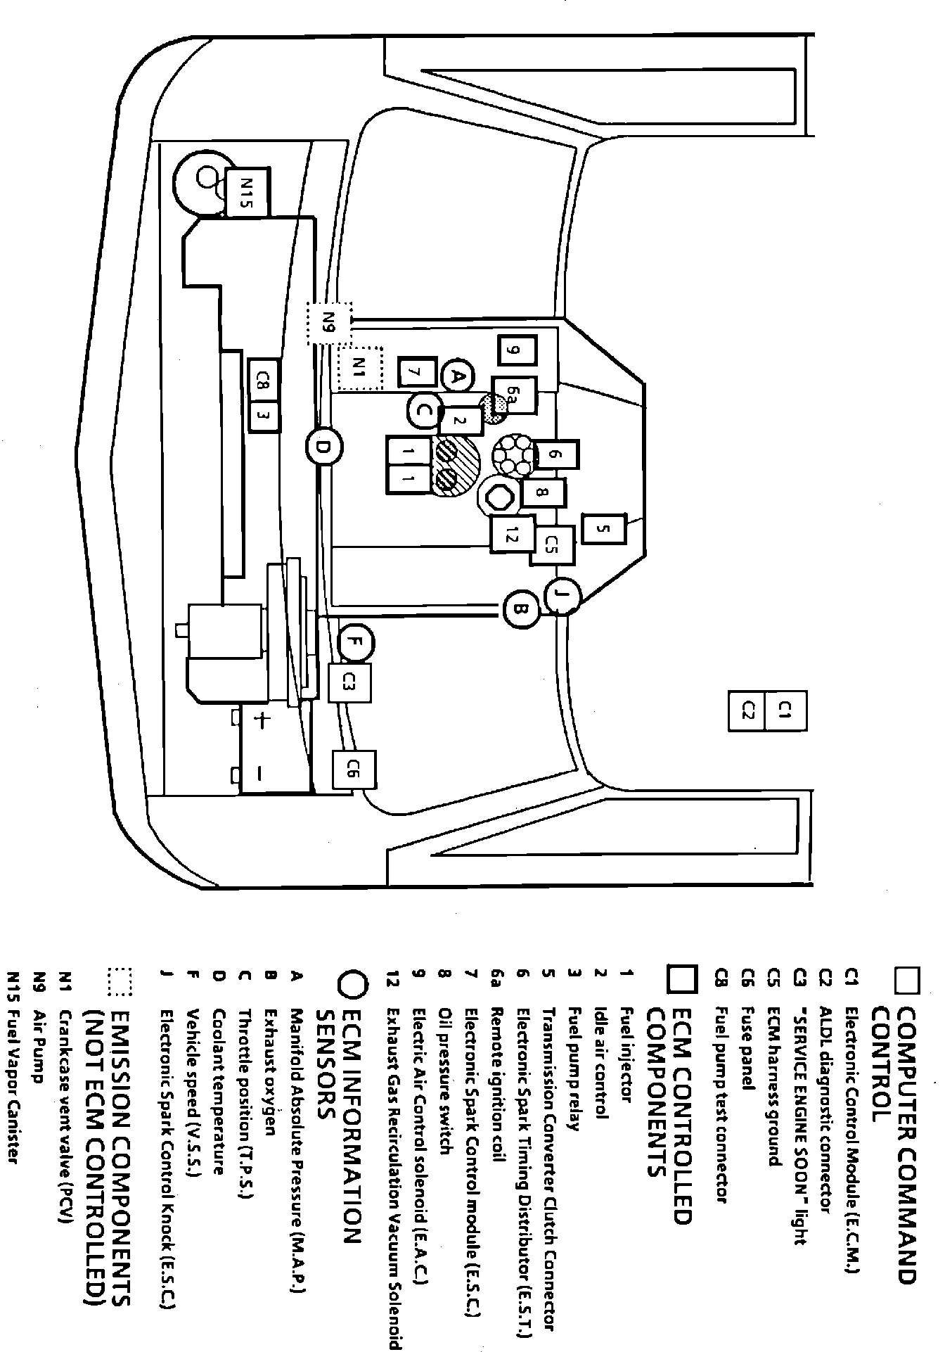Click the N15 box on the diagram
pyautogui.click(x=247, y=192)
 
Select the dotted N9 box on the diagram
pyautogui.click(x=329, y=323)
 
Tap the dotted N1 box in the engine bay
pyautogui.click(x=359, y=368)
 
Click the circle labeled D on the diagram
pyautogui.click(x=324, y=446)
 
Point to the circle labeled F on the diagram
pyautogui.click(x=355, y=642)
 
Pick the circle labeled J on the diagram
pyautogui.click(x=561, y=597)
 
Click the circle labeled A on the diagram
pyautogui.click(x=458, y=376)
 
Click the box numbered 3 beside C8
pyautogui.click(x=264, y=416)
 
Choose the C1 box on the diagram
pyautogui.click(x=785, y=712)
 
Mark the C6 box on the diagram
pyautogui.click(x=355, y=770)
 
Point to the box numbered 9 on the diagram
pyautogui.click(x=517, y=350)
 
